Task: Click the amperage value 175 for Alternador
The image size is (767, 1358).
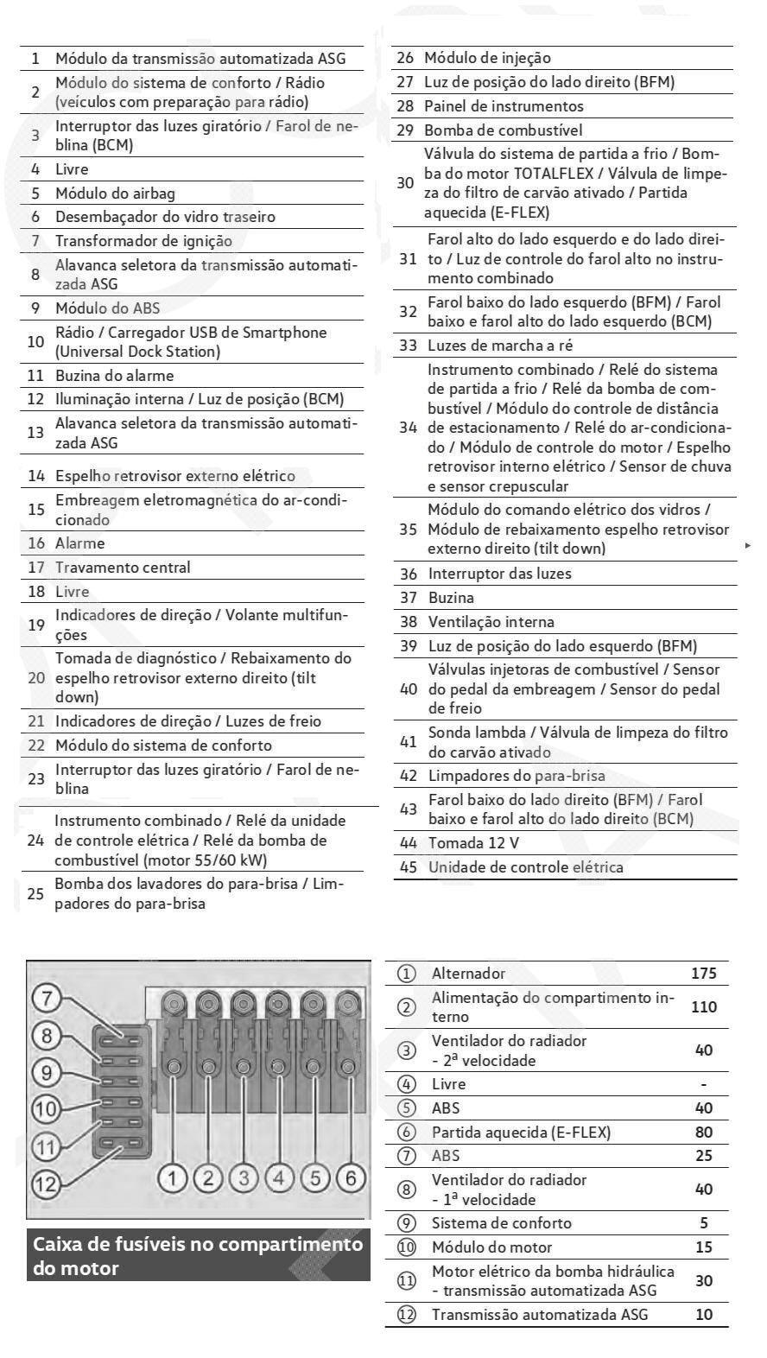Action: click(x=703, y=974)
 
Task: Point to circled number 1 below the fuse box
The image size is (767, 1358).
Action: click(x=174, y=1177)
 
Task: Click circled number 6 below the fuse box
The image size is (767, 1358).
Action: click(x=351, y=1177)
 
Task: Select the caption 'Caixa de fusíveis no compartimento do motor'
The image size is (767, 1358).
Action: click(x=198, y=1256)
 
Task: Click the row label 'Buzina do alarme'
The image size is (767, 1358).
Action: click(x=115, y=376)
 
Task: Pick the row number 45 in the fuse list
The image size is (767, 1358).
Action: click(x=408, y=867)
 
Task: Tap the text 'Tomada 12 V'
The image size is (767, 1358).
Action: click(x=473, y=843)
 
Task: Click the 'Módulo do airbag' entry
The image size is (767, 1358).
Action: click(x=115, y=194)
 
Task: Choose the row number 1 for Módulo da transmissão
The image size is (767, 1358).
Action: click(x=35, y=59)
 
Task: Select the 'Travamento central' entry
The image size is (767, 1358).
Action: click(x=123, y=568)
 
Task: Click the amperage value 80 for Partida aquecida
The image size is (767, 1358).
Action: click(x=703, y=1133)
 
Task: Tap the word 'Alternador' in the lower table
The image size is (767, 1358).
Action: click(x=468, y=974)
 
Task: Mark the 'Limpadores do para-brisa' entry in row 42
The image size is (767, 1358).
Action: click(x=517, y=776)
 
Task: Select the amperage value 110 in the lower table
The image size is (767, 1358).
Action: click(x=703, y=1007)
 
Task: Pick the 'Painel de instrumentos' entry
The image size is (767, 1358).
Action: click(x=504, y=106)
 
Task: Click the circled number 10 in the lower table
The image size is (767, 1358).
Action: click(x=406, y=1247)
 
